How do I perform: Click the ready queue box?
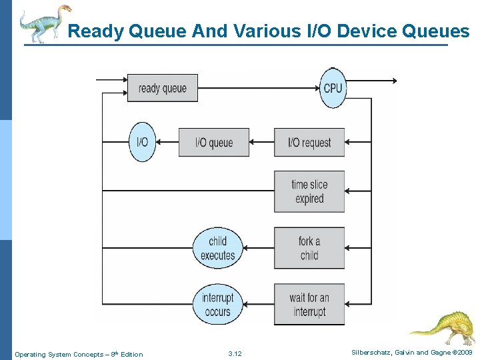coord(163,88)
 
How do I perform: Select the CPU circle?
coord(333,88)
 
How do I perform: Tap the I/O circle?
coord(142,142)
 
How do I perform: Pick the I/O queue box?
coord(213,143)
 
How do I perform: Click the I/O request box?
coord(309,143)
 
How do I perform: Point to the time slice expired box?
coord(309,192)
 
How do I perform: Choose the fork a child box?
coord(309,248)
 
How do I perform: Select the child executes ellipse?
coord(217,248)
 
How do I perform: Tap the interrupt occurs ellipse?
coord(217,305)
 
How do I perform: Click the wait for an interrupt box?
coord(309,305)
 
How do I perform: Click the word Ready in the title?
coord(93,31)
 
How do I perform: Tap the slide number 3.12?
coord(235,354)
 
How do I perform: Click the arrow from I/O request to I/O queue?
coord(261,143)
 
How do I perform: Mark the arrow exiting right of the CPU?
coord(373,81)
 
